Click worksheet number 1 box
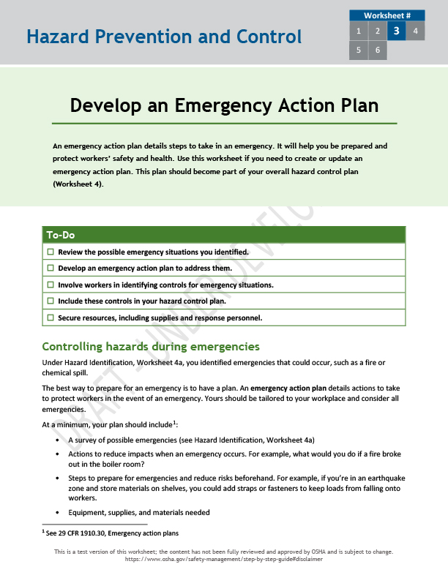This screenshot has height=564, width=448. coord(359,31)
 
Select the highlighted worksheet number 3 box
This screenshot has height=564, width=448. coord(396,31)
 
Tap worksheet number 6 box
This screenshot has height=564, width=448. coord(378,50)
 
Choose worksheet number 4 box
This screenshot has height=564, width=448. coord(415,31)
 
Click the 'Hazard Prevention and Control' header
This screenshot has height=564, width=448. coord(163,37)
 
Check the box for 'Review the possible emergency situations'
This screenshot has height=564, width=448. coord(51,252)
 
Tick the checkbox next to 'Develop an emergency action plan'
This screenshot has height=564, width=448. coord(51,268)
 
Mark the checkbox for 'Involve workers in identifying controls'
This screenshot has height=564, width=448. coord(51,285)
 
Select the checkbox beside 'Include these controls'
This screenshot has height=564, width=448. coord(51,301)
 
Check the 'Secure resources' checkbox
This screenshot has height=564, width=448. coord(51,317)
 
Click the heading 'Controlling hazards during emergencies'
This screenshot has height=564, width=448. coord(151,346)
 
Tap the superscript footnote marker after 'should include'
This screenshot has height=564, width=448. coord(174,422)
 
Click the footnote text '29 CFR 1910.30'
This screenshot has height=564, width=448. coord(77,533)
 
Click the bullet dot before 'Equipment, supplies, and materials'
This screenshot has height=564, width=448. coord(58,513)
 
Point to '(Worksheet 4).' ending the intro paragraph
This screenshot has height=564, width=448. coord(78,184)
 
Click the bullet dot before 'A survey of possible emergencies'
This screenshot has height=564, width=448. coord(58,440)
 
